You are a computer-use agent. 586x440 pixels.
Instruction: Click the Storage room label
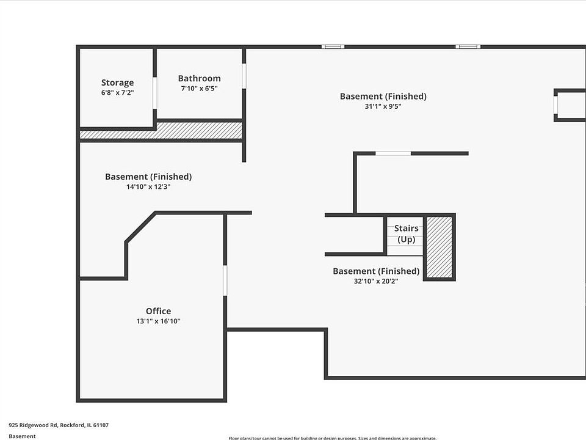[x=117, y=82]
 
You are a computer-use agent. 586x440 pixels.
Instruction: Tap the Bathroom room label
[x=199, y=78]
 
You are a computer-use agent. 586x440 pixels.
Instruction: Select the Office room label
[x=158, y=311]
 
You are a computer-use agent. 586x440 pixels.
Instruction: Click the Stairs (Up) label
[x=406, y=233]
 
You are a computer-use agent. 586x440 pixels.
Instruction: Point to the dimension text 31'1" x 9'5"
[x=383, y=106]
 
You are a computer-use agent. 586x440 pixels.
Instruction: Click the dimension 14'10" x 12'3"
[x=148, y=186]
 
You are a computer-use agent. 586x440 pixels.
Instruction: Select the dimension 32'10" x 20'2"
[x=375, y=281]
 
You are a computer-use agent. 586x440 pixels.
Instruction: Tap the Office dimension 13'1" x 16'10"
[x=158, y=321]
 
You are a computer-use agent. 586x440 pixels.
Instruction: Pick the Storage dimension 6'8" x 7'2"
[x=117, y=93]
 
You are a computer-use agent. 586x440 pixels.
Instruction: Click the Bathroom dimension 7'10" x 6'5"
[x=199, y=89]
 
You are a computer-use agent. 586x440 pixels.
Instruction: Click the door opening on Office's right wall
[x=225, y=280]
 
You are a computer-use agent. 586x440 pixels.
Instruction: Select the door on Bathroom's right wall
[x=244, y=76]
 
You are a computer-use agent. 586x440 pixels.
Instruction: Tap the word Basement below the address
[x=22, y=436]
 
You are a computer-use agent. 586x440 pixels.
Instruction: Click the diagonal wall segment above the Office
[x=140, y=227]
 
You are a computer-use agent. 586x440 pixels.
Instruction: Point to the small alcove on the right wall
[x=570, y=105]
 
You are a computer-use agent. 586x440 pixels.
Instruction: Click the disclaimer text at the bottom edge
[x=333, y=438]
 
